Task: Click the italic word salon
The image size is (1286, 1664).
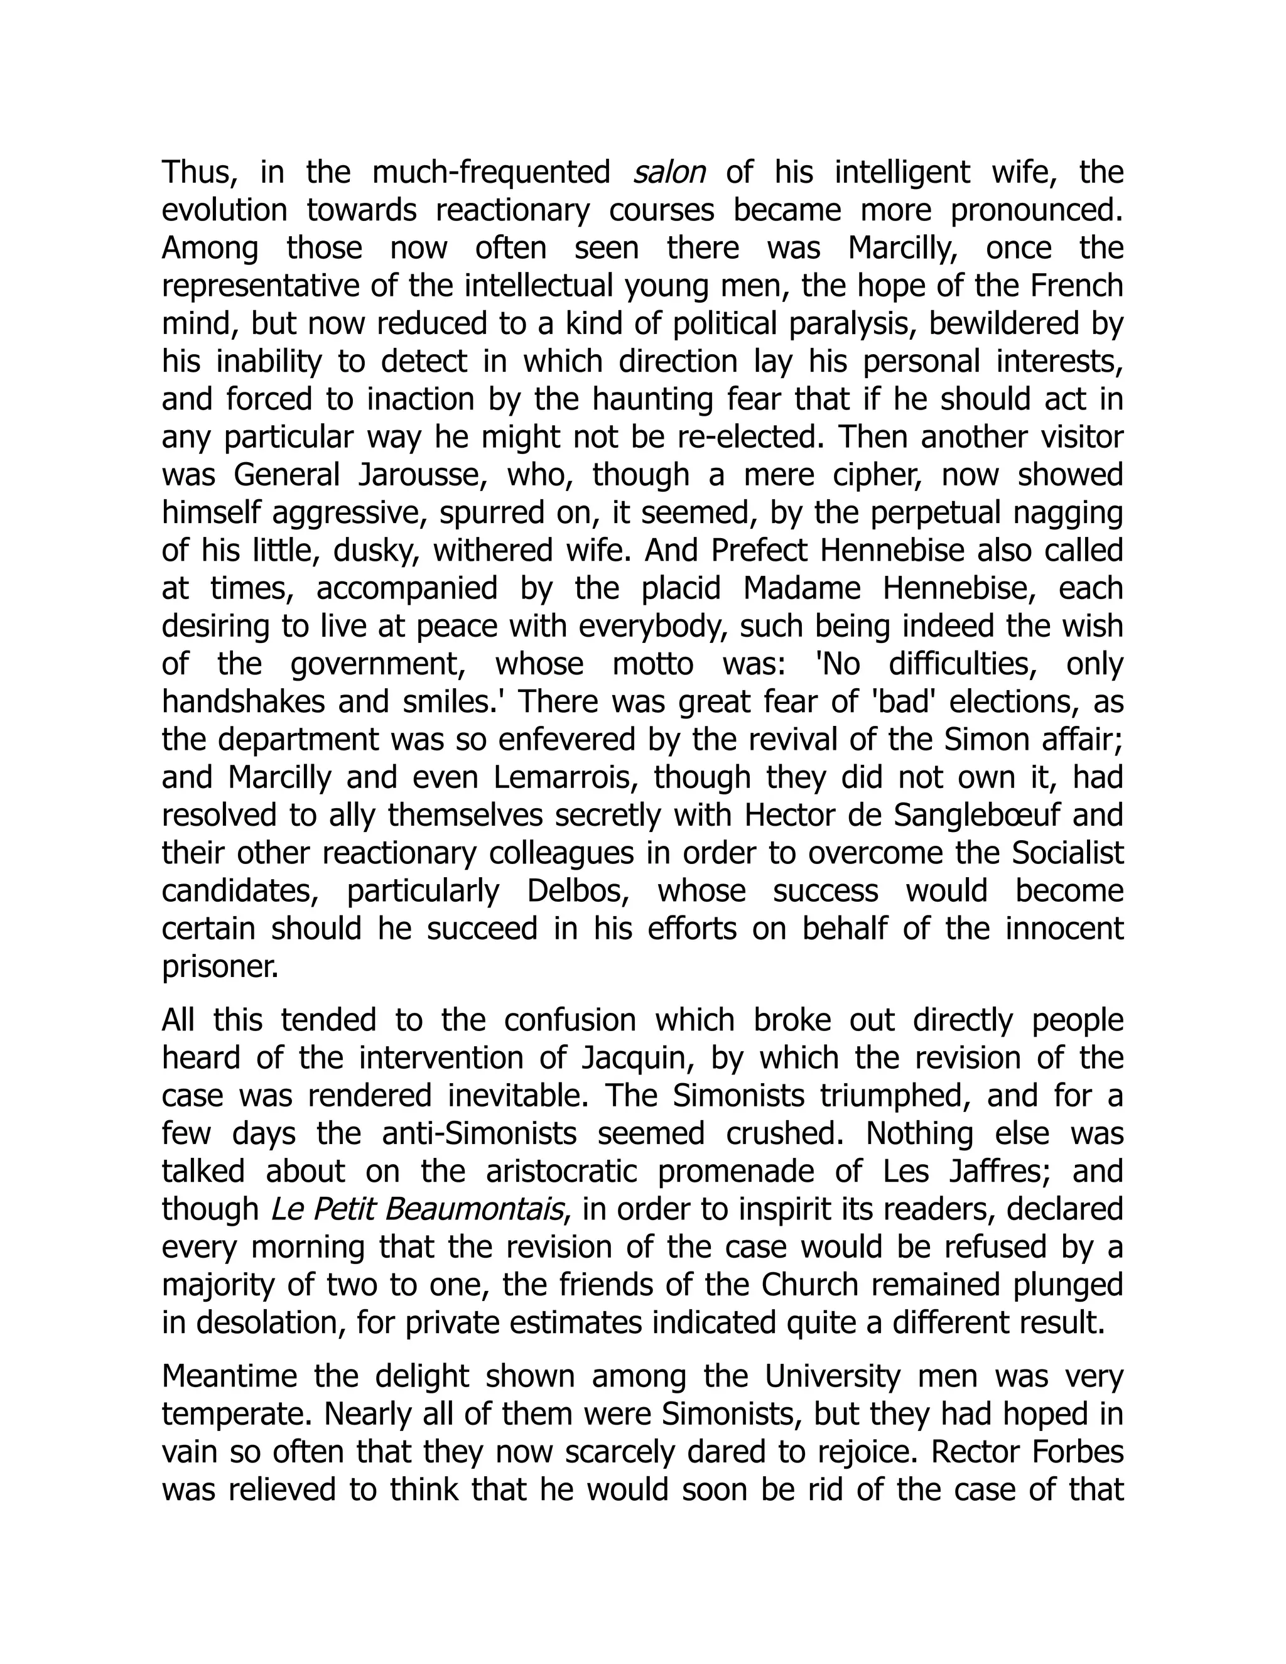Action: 668,173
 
